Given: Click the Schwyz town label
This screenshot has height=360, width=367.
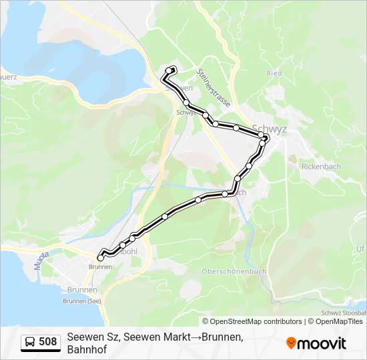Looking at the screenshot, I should [x=270, y=129].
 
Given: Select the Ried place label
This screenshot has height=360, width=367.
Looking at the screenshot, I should [x=274, y=73].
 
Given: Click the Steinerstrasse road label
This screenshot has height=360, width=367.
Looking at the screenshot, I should [x=214, y=87].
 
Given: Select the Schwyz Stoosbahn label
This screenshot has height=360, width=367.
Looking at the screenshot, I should [x=343, y=312].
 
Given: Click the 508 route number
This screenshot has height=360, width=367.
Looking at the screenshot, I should [x=48, y=342].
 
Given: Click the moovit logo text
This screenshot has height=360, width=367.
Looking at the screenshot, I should [x=322, y=343].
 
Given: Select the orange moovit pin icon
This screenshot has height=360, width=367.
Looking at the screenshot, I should [x=291, y=343].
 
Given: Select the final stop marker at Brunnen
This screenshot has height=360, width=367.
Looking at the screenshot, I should [x=101, y=257].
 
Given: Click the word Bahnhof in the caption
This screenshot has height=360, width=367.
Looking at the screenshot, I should [x=87, y=349].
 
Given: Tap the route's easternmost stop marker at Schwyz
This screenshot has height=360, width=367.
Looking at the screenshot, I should [x=266, y=139].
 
